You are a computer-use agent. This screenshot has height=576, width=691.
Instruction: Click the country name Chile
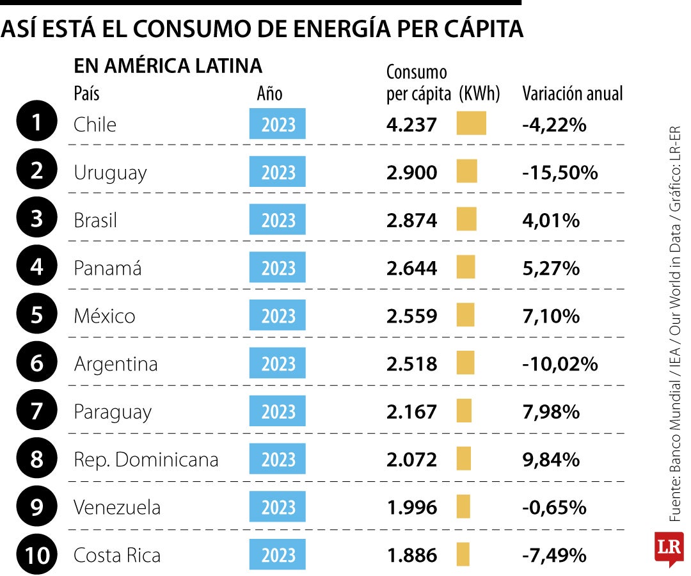click(95, 124)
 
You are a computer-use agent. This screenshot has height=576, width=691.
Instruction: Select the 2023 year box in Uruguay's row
click(277, 172)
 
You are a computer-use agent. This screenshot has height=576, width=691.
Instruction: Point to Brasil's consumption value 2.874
click(411, 220)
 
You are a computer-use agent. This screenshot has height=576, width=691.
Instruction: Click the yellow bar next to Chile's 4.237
click(471, 123)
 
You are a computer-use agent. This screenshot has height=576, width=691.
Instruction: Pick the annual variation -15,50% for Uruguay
click(560, 172)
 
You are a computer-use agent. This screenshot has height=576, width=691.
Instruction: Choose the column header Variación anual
click(572, 93)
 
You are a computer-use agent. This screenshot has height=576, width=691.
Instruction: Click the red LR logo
click(669, 548)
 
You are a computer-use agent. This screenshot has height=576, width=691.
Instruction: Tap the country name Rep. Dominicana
click(146, 460)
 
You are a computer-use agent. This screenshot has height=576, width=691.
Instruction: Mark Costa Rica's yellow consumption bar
click(463, 554)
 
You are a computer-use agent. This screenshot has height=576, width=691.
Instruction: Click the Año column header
click(269, 93)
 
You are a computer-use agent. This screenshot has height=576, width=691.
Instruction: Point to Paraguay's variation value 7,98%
click(551, 412)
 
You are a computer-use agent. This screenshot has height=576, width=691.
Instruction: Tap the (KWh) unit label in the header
click(479, 93)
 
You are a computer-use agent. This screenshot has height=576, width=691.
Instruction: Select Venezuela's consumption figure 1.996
click(411, 508)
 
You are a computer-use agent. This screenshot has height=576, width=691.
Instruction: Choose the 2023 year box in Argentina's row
click(277, 364)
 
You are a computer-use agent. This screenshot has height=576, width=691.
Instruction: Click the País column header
click(86, 93)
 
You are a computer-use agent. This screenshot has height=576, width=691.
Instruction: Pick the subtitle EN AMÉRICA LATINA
click(168, 65)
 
